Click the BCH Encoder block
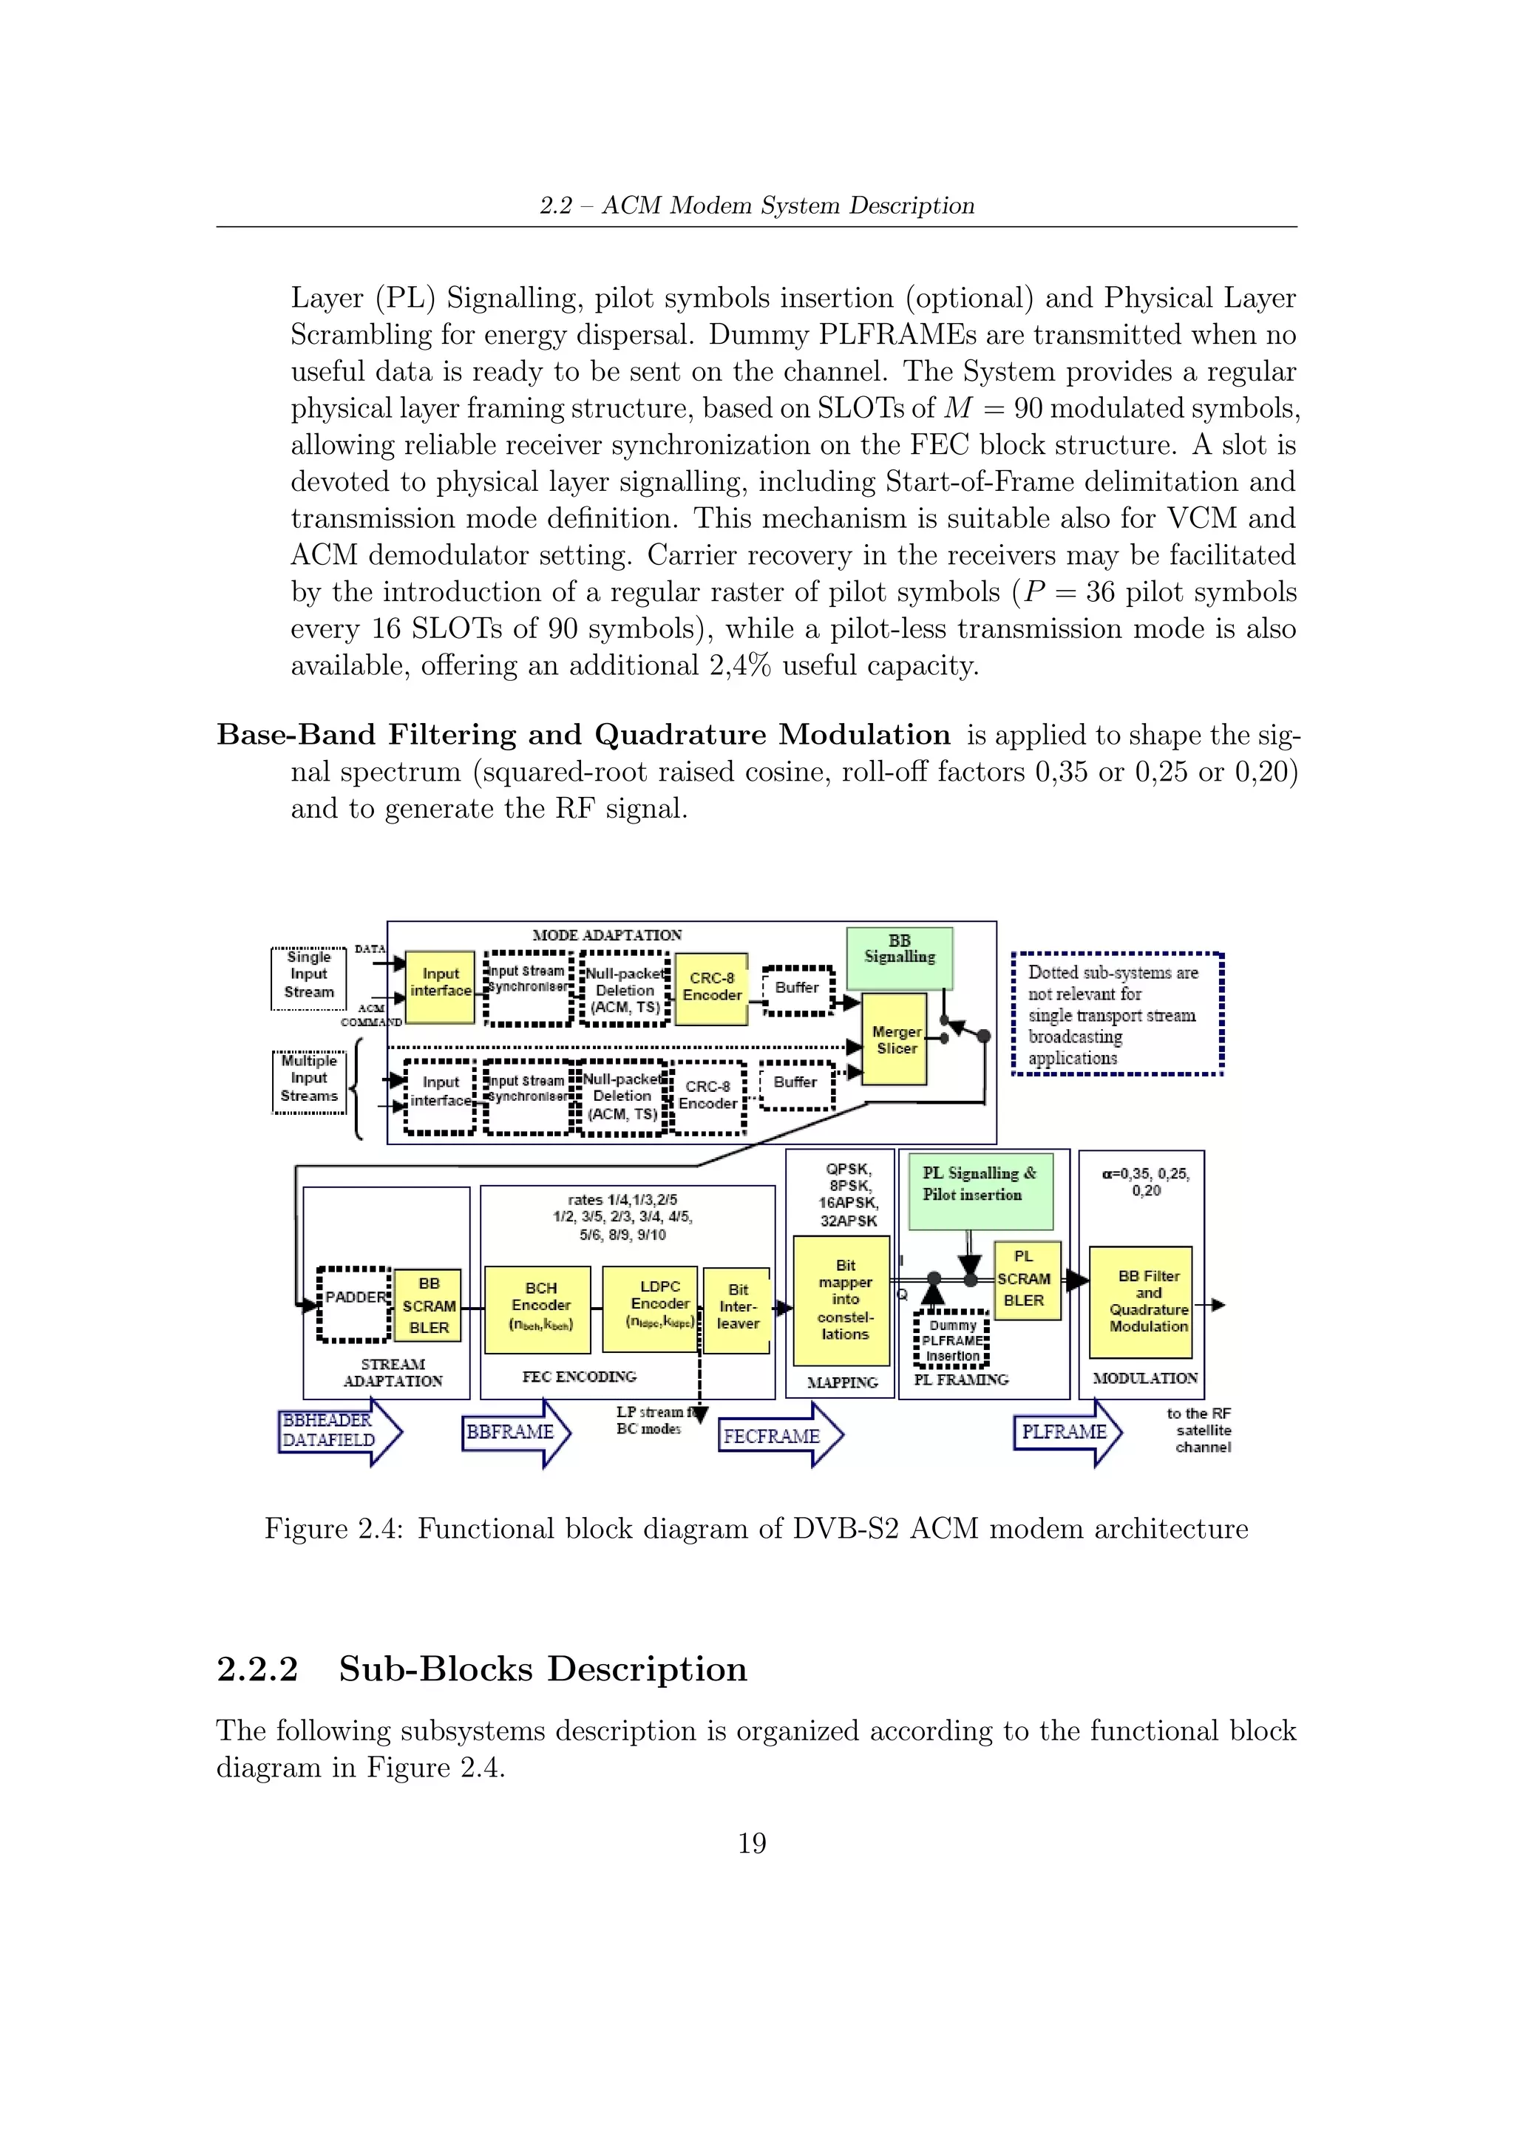[538, 1309]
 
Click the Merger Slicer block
[895, 1039]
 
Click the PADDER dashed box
[354, 1303]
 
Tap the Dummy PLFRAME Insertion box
[952, 1340]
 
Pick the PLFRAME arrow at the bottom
[1065, 1432]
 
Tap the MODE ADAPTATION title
[607, 935]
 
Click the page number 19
[751, 1844]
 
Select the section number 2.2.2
[257, 1669]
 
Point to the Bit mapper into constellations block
[843, 1300]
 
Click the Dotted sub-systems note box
[1117, 1014]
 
